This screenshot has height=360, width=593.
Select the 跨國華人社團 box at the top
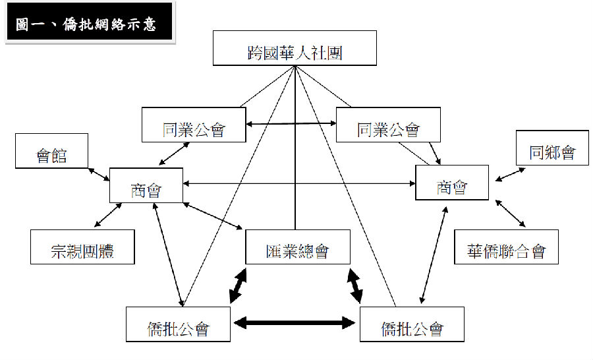point(295,48)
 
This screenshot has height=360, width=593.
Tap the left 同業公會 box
point(194,124)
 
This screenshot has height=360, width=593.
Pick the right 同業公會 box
point(388,124)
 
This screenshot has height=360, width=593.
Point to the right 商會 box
point(452,182)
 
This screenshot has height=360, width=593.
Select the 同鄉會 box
point(552,148)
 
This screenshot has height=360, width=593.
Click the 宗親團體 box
point(82,247)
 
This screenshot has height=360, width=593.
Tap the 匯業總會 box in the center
point(297,247)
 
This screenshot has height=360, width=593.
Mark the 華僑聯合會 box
point(506,247)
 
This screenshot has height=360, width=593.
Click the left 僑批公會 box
point(178,324)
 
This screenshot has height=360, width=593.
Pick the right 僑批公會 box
point(412,324)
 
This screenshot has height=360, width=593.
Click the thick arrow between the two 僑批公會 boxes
point(295,323)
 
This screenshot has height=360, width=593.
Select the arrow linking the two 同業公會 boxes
point(291,123)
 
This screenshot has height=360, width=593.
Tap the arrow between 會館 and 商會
point(98,173)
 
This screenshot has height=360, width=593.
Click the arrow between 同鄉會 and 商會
point(511,173)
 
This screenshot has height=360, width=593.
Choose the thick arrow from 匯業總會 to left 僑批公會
point(238,285)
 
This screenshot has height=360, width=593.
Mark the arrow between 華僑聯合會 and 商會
point(510,212)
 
